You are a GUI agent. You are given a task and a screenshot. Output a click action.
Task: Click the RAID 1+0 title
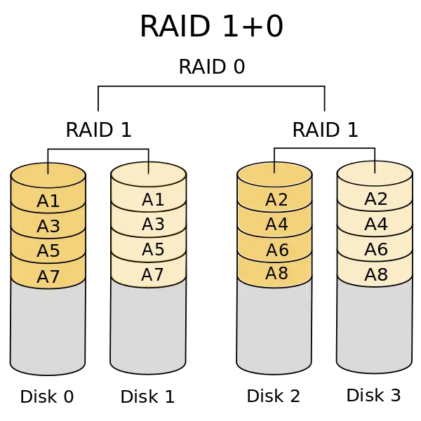click(212, 26)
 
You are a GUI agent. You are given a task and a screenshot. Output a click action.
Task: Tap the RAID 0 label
click(212, 67)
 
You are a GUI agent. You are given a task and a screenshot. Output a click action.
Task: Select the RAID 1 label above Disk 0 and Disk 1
click(98, 130)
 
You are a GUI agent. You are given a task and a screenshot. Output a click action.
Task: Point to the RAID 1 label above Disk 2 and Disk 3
click(325, 130)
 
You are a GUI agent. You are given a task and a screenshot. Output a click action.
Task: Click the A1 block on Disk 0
click(48, 201)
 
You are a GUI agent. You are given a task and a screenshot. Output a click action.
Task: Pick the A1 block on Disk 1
click(149, 199)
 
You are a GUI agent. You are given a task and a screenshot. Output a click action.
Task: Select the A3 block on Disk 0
click(48, 225)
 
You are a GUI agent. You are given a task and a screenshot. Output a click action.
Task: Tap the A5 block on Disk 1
click(149, 249)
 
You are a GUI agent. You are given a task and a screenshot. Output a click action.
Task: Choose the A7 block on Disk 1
click(149, 274)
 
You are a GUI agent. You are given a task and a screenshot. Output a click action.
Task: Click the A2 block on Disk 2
click(274, 199)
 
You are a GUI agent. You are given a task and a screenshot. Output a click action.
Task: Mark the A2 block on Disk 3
click(375, 199)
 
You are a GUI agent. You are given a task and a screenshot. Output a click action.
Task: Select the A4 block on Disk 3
click(375, 224)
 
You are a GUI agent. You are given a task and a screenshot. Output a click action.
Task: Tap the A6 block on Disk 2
click(274, 250)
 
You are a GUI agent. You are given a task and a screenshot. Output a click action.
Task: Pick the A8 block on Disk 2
click(274, 274)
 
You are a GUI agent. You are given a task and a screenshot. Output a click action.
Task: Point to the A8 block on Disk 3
click(375, 274)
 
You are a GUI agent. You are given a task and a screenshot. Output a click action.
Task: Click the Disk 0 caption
click(47, 396)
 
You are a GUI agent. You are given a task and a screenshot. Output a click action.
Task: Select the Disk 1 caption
click(147, 396)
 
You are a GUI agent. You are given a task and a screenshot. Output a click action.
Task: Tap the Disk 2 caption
click(274, 396)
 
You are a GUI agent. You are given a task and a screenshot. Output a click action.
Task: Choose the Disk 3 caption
click(374, 395)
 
